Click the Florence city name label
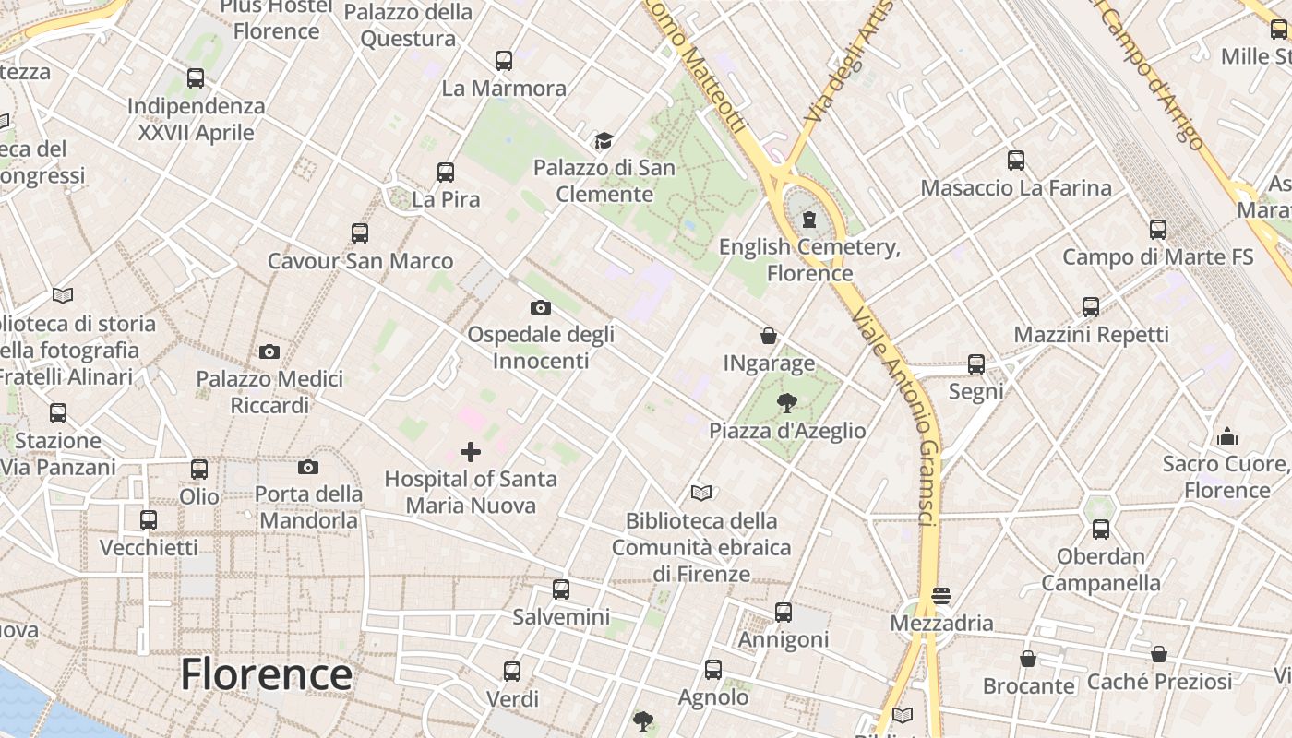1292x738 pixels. pyautogui.click(x=266, y=674)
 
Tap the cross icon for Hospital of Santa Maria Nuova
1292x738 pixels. pyautogui.click(x=471, y=452)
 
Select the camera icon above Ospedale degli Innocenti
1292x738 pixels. pyautogui.click(x=541, y=307)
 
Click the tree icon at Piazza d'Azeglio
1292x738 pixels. pyautogui.click(x=786, y=402)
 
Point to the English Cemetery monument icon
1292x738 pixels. pyautogui.click(x=809, y=219)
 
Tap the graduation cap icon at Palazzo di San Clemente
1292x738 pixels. pyautogui.click(x=604, y=140)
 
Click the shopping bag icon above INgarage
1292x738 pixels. pyautogui.click(x=768, y=336)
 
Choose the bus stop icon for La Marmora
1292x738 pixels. pyautogui.click(x=503, y=61)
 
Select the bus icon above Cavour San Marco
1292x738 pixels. pyautogui.click(x=360, y=233)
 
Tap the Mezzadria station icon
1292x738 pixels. pyautogui.click(x=941, y=596)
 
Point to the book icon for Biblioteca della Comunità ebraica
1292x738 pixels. pyautogui.click(x=701, y=494)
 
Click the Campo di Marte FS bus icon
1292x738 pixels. pyautogui.click(x=1158, y=230)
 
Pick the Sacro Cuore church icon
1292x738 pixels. pyautogui.click(x=1227, y=435)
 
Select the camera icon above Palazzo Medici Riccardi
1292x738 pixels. pyautogui.click(x=269, y=351)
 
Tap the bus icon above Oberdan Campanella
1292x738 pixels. pyautogui.click(x=1100, y=530)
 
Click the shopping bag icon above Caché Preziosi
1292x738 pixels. pyautogui.click(x=1159, y=654)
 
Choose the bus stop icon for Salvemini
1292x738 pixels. pyautogui.click(x=560, y=589)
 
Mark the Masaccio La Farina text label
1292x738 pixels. pyautogui.click(x=1016, y=188)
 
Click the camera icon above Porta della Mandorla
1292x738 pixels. pyautogui.click(x=308, y=467)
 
